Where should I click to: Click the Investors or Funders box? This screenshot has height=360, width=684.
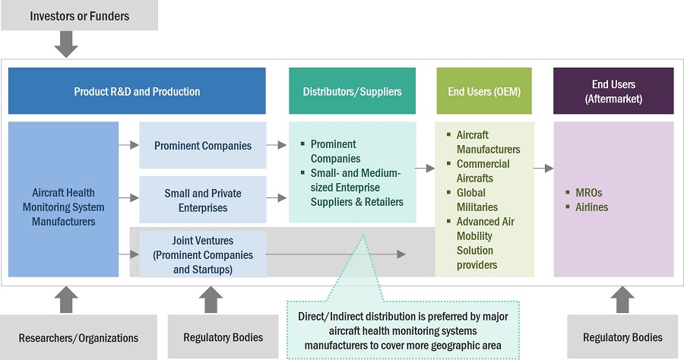pos(79,15)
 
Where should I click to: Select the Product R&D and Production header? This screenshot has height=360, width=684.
pos(137,91)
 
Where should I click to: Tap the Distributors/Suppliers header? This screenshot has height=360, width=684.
pos(352,91)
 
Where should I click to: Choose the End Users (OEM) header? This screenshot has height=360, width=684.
pos(484,91)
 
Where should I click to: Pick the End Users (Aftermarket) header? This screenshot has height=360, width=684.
pos(613,91)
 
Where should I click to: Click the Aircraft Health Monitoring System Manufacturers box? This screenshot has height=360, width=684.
pos(63,207)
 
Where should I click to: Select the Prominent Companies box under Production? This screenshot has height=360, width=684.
pos(202,145)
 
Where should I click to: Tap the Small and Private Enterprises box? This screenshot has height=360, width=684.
pos(202,201)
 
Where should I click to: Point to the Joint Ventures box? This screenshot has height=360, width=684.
pos(202,254)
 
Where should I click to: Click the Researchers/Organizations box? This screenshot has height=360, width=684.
pos(79,337)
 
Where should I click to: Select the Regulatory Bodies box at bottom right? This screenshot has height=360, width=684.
pos(622,337)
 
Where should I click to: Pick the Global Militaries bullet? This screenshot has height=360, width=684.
pos(477,200)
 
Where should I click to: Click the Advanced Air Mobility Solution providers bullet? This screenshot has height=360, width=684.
pos(485,243)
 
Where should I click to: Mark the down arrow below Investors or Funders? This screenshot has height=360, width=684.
pos(67,44)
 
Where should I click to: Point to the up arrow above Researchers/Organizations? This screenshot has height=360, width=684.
pos(67,299)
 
